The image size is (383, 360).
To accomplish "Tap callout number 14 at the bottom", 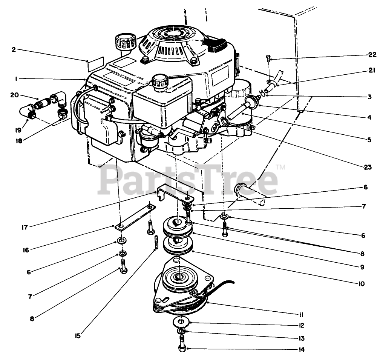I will (300, 349).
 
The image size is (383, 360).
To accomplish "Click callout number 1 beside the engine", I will (17, 78).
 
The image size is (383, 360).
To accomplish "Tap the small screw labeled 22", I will (268, 58).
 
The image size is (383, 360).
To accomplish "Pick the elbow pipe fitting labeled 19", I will (28, 111).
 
